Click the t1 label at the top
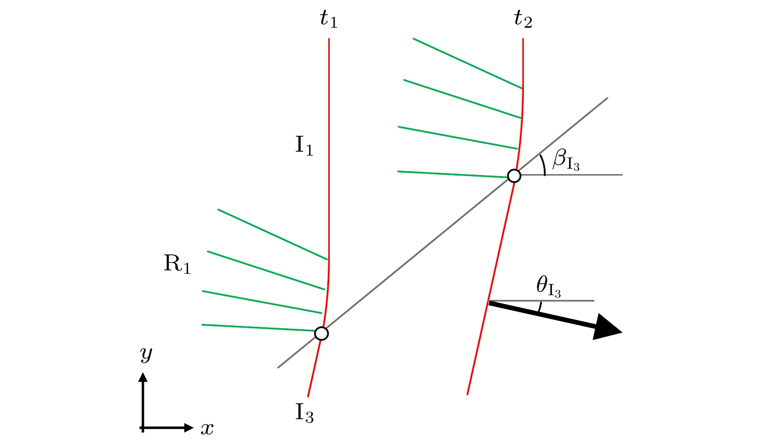coord(328,19)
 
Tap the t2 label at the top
coord(523,19)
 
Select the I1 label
coord(304,145)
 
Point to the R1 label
coord(177,264)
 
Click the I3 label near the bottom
coord(304,413)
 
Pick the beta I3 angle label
coord(566,160)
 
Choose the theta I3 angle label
coord(549,286)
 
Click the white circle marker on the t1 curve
coord(321,334)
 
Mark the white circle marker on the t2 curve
coord(514,176)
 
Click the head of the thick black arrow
coord(608,328)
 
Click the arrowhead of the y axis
coord(143,377)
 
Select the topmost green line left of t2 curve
coord(467,63)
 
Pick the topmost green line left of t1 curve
coord(272,234)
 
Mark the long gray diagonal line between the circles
coord(418,254)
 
